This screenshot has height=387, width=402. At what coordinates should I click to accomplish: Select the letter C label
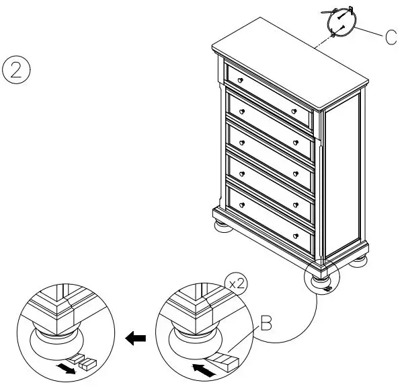(x=392, y=37)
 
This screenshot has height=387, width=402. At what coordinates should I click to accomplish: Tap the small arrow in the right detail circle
(x=199, y=368)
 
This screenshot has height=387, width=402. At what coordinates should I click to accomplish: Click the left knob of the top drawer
(x=240, y=81)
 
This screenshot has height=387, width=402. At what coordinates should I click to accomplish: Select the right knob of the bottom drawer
(x=295, y=235)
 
